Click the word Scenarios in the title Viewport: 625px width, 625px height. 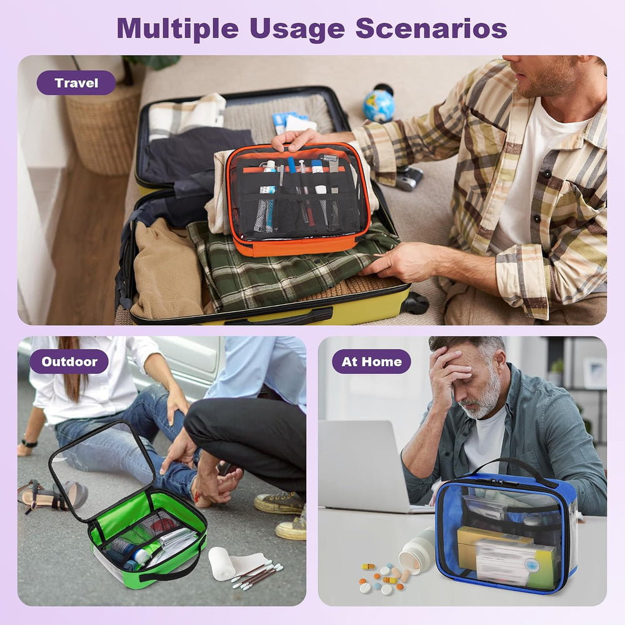pyautogui.click(x=431, y=28)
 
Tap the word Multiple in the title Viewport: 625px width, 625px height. pyautogui.click(x=177, y=29)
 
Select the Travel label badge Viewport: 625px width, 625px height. pyautogui.click(x=76, y=83)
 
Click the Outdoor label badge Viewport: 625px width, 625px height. pyautogui.click(x=69, y=361)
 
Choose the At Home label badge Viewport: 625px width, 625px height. pyautogui.click(x=371, y=361)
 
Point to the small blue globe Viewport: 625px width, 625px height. pyautogui.click(x=379, y=105)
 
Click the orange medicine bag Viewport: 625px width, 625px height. pyautogui.click(x=297, y=199)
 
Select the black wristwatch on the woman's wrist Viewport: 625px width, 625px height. pyautogui.click(x=29, y=443)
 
